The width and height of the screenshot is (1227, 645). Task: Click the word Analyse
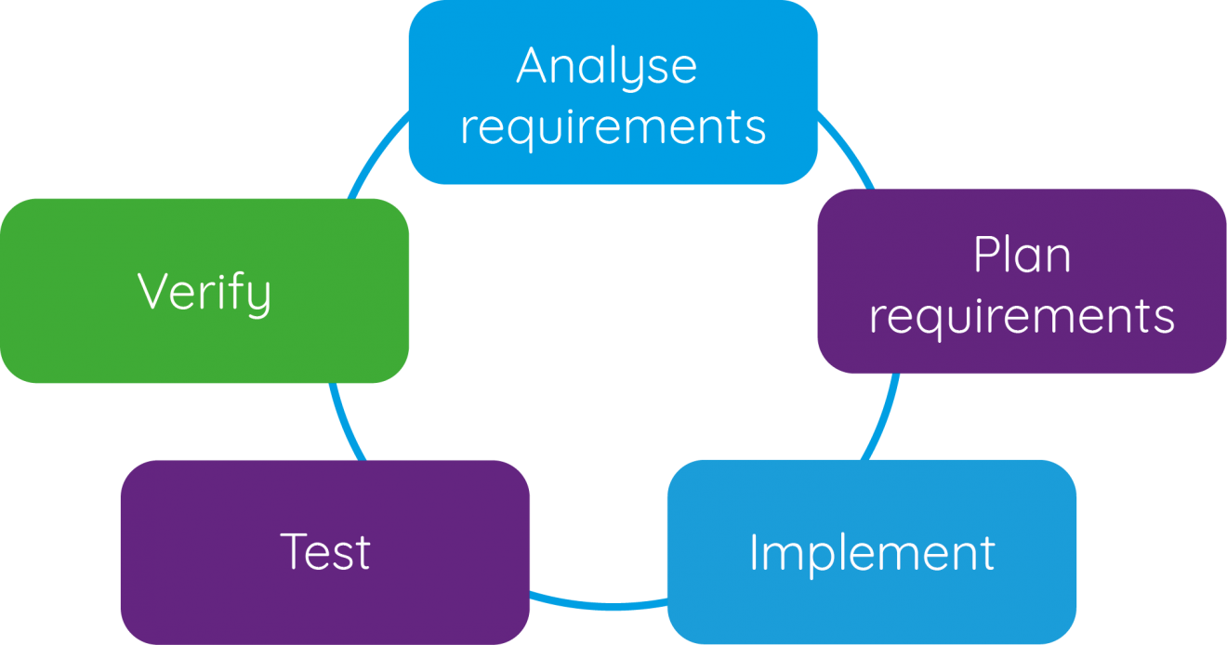[606, 67]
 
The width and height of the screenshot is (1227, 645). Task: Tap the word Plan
[1022, 256]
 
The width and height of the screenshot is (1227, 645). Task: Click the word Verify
[204, 292]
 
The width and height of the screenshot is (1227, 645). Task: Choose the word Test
[325, 551]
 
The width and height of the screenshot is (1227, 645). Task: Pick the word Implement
[872, 552]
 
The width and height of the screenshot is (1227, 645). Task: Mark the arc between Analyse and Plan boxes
[848, 149]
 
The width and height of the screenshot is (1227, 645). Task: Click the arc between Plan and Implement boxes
[883, 418]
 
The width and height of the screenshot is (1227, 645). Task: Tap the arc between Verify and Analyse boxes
[376, 153]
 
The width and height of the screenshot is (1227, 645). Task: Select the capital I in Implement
[754, 552]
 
